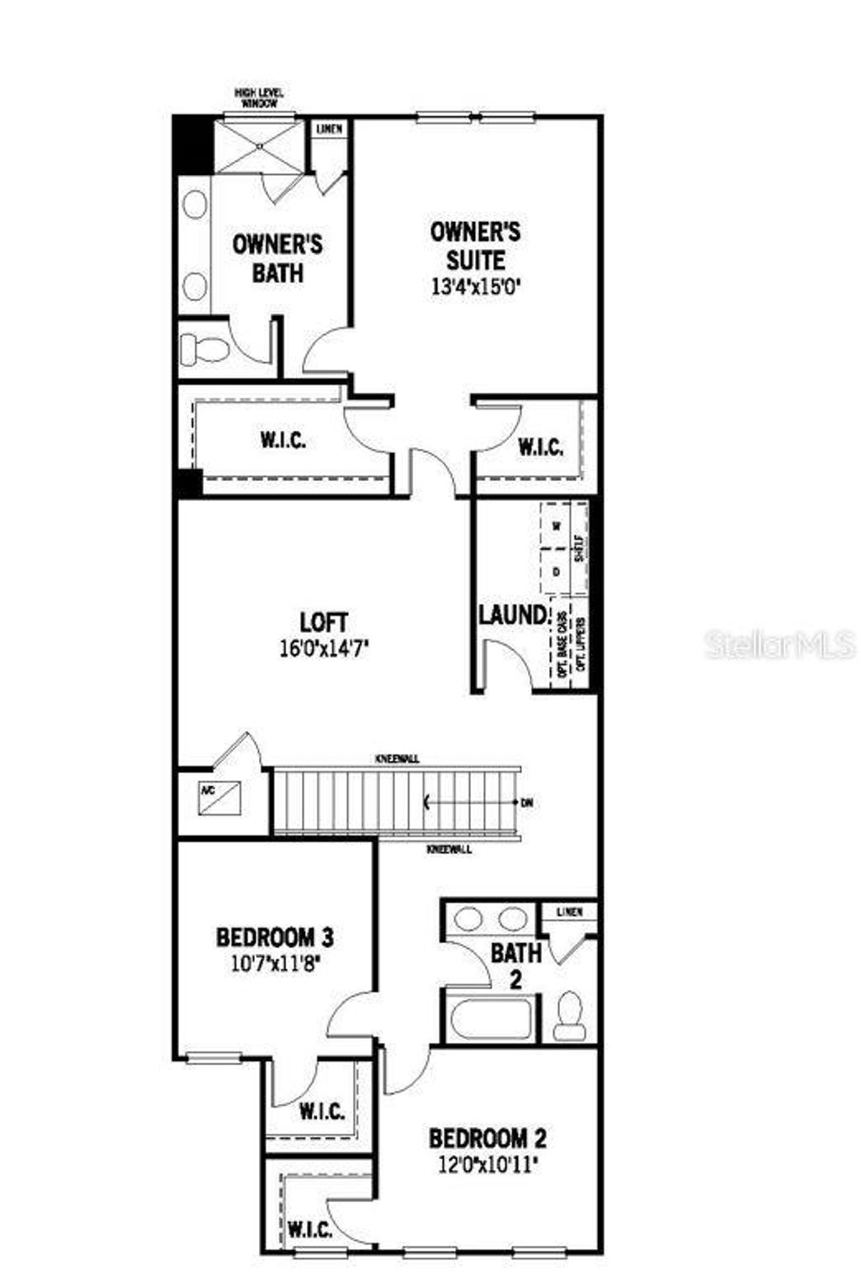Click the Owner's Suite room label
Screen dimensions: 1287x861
click(x=475, y=244)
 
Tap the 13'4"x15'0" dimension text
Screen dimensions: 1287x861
click(x=475, y=286)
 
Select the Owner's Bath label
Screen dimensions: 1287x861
click(x=277, y=258)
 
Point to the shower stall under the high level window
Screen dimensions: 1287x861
click(x=259, y=146)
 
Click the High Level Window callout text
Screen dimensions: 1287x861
click(x=259, y=98)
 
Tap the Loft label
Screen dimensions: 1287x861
click(x=324, y=622)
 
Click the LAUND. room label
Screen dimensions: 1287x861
click(x=513, y=615)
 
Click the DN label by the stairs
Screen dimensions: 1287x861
click(x=527, y=802)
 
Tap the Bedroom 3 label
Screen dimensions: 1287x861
click(x=276, y=936)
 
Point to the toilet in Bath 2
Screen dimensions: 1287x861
click(x=570, y=1015)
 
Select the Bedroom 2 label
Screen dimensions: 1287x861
click(x=488, y=1139)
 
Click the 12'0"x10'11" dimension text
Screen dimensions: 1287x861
click(x=488, y=1165)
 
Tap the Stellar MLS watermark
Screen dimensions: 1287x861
click(x=780, y=645)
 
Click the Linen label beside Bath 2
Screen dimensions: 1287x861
click(x=569, y=912)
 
